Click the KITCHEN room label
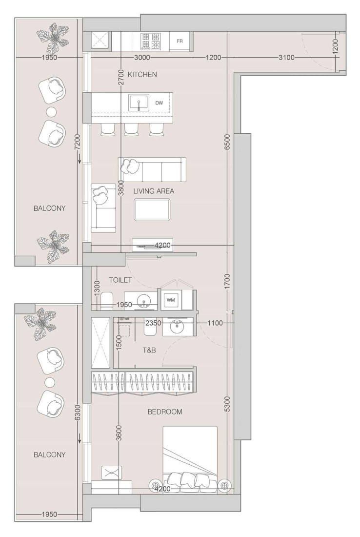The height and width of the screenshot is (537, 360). [x=142, y=75]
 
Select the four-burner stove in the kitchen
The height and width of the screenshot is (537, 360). [x=151, y=41]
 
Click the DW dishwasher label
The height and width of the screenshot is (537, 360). [x=159, y=103]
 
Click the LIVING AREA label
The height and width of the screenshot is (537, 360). [x=154, y=191]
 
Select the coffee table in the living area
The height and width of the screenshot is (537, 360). [x=153, y=210]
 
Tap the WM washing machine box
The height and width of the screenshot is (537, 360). [x=171, y=299]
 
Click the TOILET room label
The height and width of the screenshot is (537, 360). [x=120, y=280]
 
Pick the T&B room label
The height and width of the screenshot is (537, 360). [x=149, y=350]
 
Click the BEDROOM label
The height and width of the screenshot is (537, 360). [x=165, y=412]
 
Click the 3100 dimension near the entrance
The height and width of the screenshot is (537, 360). [x=286, y=58]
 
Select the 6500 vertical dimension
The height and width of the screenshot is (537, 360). [x=227, y=142]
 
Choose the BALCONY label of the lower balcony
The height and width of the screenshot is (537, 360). [x=49, y=454]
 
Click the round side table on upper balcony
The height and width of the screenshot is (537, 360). [x=51, y=111]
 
